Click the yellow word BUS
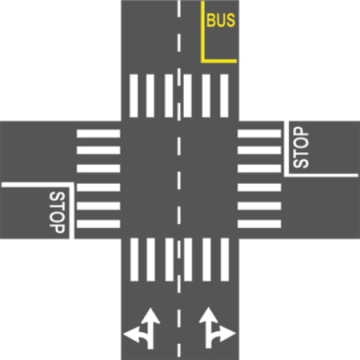click(221, 20)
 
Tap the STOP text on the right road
click(301, 147)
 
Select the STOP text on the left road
click(57, 212)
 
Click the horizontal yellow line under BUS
click(219, 61)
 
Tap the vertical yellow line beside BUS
click(203, 32)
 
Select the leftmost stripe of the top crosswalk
click(134, 96)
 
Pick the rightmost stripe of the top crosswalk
click(224, 96)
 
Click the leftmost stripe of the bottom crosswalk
click(134, 259)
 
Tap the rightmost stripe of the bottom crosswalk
click(225, 259)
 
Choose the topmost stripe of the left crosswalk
click(98, 134)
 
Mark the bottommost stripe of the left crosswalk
click(98, 224)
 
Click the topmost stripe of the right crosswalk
click(259, 134)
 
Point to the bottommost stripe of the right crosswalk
click(259, 224)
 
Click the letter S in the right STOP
click(301, 163)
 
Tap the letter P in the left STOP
click(57, 228)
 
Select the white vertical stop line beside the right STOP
click(287, 148)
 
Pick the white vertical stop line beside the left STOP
click(72, 211)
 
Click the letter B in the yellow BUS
click(212, 21)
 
